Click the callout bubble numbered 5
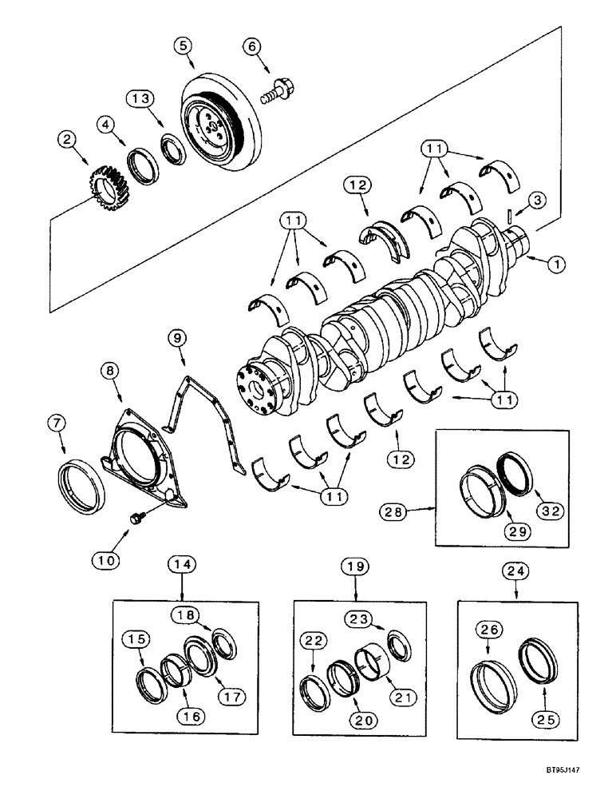(x=184, y=46)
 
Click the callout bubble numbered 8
(x=109, y=372)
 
